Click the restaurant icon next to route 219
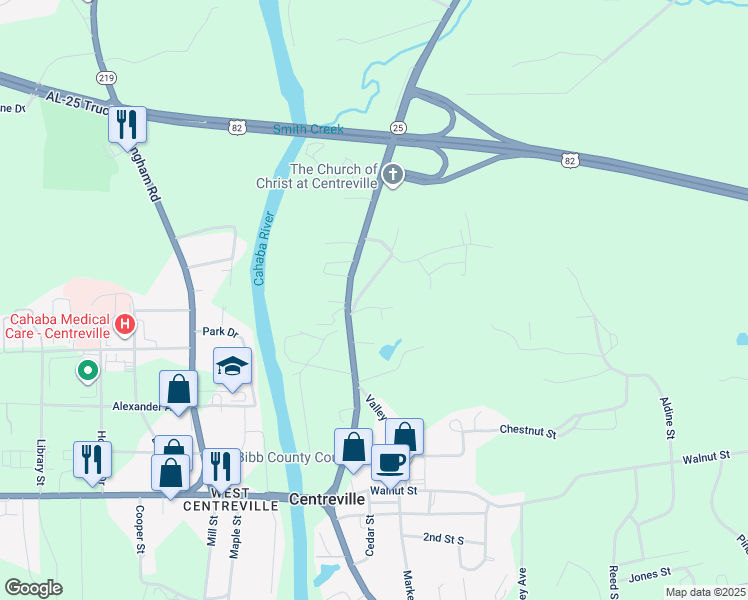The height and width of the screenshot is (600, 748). (x=127, y=124)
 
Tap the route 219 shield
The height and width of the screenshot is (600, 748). (x=105, y=77)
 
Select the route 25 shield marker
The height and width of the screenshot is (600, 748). (x=398, y=128)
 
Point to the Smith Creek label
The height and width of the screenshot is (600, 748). (x=309, y=130)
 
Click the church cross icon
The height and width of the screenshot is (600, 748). (x=393, y=176)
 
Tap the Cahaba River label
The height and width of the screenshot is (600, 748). (x=261, y=249)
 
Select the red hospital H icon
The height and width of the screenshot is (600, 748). (x=125, y=324)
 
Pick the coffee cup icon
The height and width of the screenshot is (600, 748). (x=390, y=461)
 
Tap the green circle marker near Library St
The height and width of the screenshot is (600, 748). (x=88, y=371)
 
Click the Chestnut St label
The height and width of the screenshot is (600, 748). (x=528, y=432)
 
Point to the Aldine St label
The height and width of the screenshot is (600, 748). (x=667, y=418)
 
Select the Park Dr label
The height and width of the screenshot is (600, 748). (x=221, y=331)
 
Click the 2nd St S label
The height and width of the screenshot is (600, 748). (x=443, y=538)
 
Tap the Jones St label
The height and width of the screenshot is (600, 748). (x=649, y=575)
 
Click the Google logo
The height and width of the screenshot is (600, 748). (x=33, y=588)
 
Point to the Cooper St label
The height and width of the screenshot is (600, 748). (x=140, y=532)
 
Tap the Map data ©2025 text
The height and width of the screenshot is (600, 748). (x=705, y=592)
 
